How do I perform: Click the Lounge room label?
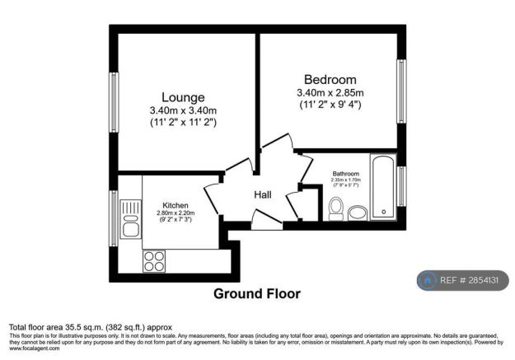(x=183, y=97)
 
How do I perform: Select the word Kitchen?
(x=176, y=205)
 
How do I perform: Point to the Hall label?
(x=263, y=195)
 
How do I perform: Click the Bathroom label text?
(x=345, y=174)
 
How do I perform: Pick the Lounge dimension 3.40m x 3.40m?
(x=183, y=111)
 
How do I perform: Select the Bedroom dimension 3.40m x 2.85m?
(x=330, y=93)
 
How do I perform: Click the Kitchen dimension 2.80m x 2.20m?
(x=176, y=213)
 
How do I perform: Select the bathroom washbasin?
(x=358, y=213)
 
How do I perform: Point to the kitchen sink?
(x=131, y=222)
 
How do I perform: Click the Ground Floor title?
(x=257, y=293)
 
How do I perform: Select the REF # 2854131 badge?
(x=462, y=280)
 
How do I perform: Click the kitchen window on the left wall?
(x=114, y=217)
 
